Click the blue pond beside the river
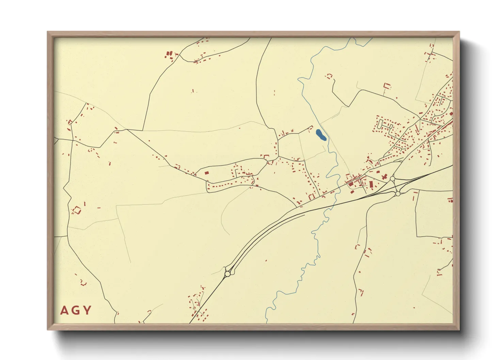tap(320, 135)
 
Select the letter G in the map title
tap(76, 310)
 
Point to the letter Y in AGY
tap(87, 310)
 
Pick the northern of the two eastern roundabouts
tap(392, 178)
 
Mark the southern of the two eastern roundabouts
tap(397, 194)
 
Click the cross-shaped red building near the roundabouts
tap(385, 177)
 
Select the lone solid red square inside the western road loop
tap(206, 173)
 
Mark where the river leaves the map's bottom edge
tap(267, 322)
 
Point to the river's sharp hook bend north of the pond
tap(300, 80)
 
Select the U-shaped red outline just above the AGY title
tap(83, 282)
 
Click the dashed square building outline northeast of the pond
tap(329, 76)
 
